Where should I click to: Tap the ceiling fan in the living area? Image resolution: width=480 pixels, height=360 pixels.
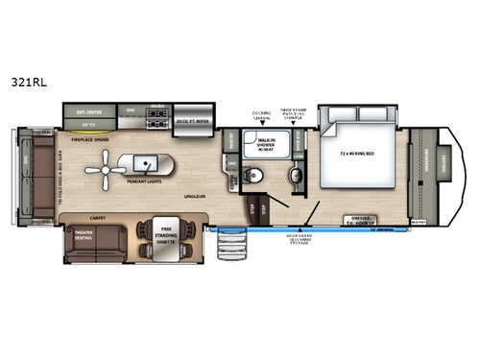103,171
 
